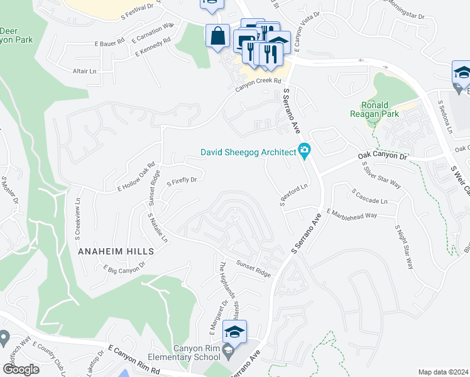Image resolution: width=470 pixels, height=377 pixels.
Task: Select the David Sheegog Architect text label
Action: [248, 152]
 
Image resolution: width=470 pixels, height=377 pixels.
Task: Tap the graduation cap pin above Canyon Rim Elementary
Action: [234, 332]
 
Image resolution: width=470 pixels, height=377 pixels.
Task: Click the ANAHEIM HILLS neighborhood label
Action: [116, 251]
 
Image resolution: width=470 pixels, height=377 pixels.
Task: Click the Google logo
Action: [21, 369]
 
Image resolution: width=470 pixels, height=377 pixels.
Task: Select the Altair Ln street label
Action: [84, 72]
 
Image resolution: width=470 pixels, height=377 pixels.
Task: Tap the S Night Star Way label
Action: [404, 248]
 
